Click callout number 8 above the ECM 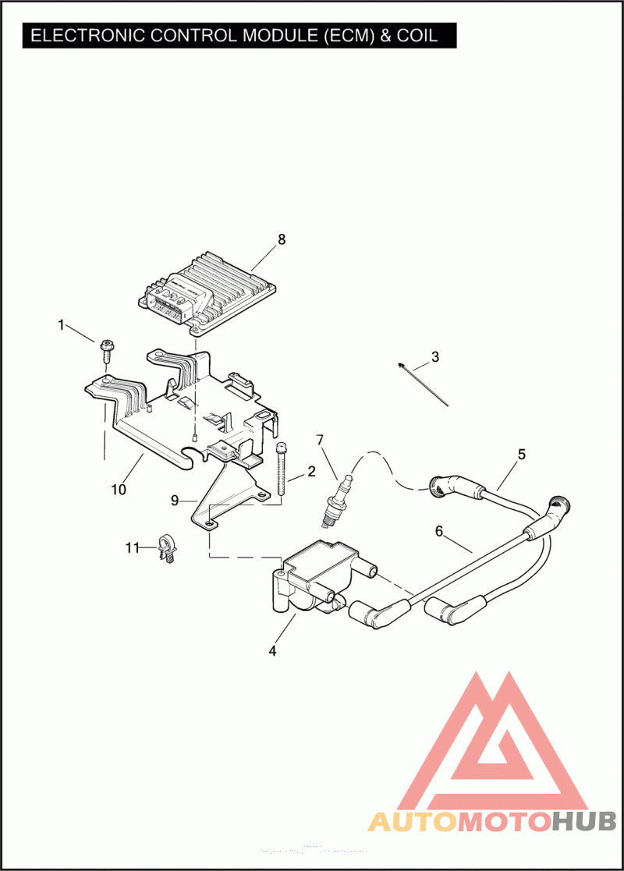(x=282, y=239)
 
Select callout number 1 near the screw (x=61, y=324)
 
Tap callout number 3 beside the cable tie (x=435, y=357)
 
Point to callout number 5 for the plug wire (x=522, y=454)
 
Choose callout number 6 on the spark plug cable (x=439, y=531)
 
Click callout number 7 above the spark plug (x=320, y=440)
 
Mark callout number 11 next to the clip (x=132, y=548)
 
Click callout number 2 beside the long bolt (x=311, y=471)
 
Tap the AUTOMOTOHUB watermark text (x=492, y=821)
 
